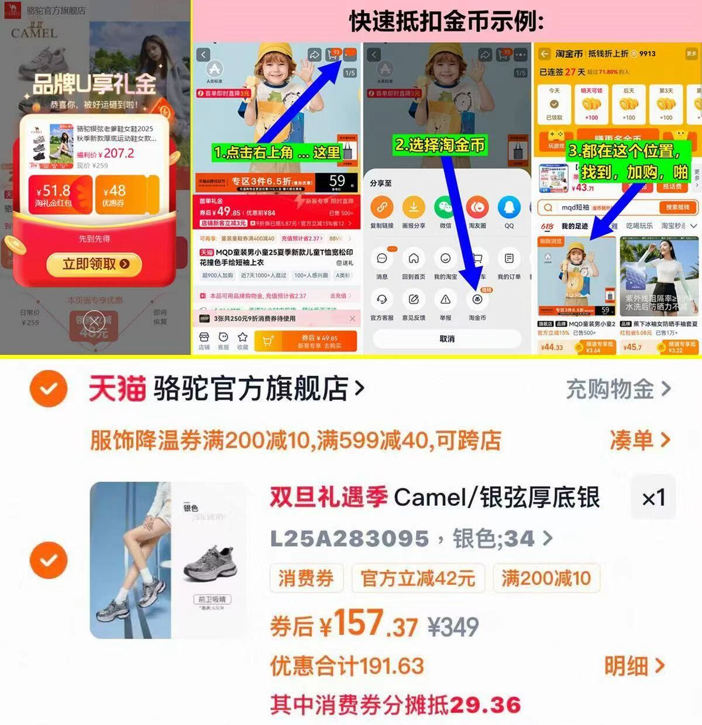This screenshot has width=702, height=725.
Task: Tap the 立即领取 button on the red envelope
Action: [x=95, y=264]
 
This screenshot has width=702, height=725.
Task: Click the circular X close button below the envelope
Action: [x=94, y=321]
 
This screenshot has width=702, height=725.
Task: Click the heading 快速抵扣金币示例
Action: [x=446, y=22]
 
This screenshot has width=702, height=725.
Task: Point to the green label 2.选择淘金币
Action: [x=440, y=145]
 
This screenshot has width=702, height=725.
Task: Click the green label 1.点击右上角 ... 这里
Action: [x=277, y=153]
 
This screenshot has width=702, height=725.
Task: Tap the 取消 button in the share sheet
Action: [x=447, y=339]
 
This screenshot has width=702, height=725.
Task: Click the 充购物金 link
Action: [x=618, y=389]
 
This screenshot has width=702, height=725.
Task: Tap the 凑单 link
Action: [x=639, y=440]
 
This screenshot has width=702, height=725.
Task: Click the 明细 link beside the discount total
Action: [x=634, y=665]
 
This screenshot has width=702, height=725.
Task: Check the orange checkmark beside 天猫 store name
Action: [x=49, y=388]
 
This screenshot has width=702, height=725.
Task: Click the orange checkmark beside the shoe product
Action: [x=49, y=560]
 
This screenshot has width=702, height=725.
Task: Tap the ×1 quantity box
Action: [x=653, y=498]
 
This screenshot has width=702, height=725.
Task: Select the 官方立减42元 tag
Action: [x=418, y=578]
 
